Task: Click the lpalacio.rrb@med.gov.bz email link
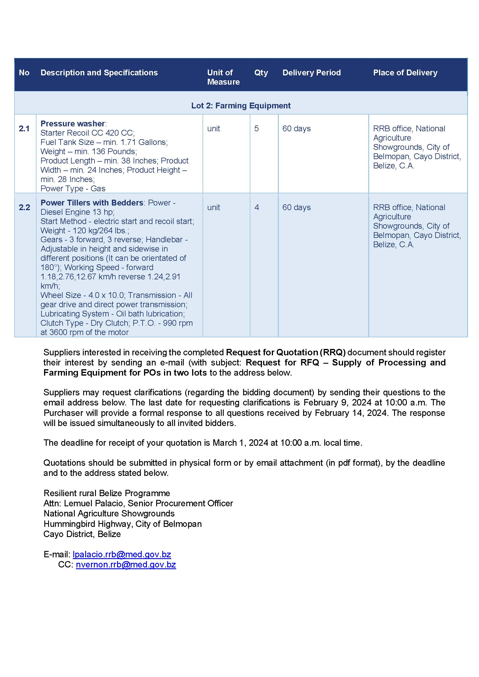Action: (x=122, y=554)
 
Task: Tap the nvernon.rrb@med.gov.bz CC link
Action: (x=126, y=565)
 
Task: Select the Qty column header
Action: (x=261, y=72)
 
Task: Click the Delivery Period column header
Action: (x=312, y=72)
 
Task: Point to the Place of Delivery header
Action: (x=405, y=72)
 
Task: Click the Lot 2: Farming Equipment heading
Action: (x=241, y=105)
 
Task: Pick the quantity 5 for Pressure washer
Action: (x=256, y=129)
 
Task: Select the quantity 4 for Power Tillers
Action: (x=257, y=208)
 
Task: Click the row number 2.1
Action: (x=24, y=129)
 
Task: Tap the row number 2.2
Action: (x=24, y=208)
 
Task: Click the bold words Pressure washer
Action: (x=72, y=123)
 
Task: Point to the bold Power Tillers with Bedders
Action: (x=92, y=203)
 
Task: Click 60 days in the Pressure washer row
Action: (x=296, y=129)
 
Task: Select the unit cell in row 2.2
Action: (x=214, y=208)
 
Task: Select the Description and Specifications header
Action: (x=99, y=72)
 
